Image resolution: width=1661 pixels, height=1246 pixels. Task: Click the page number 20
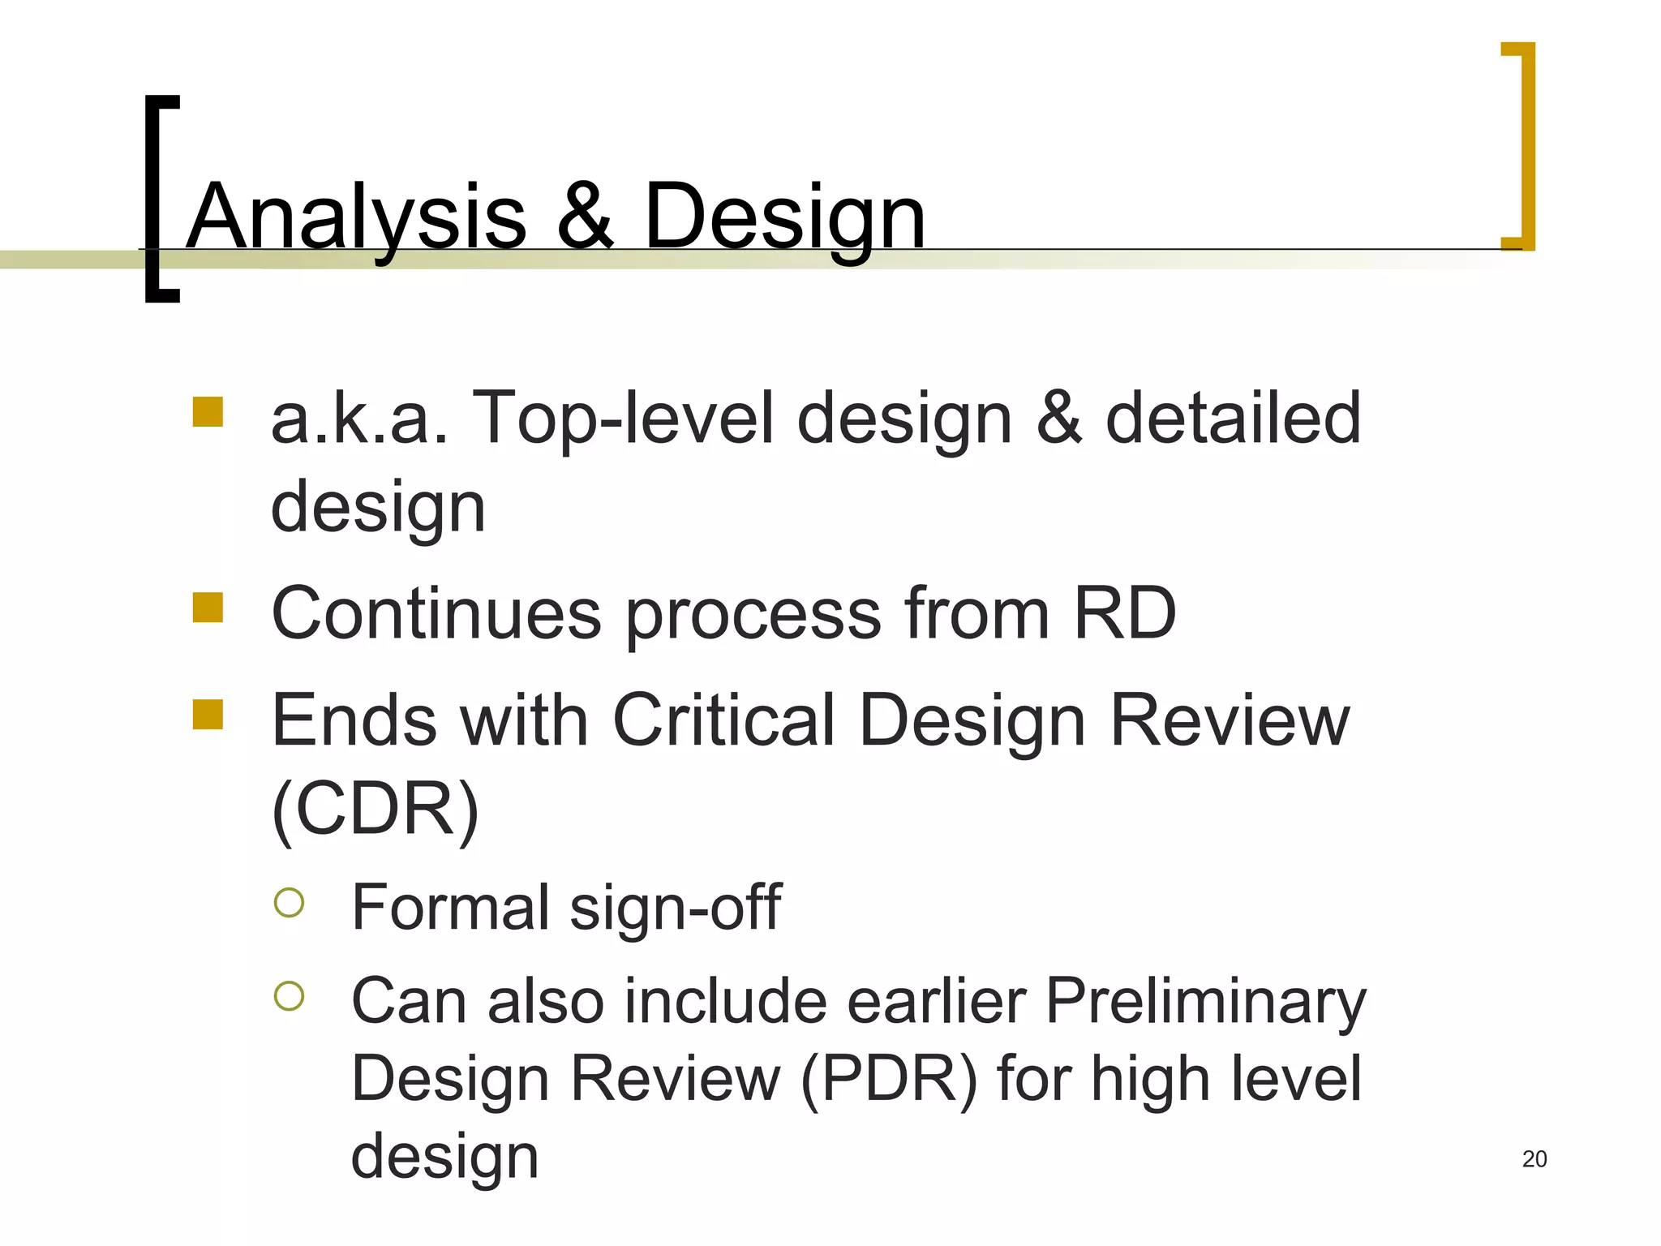pos(1534,1159)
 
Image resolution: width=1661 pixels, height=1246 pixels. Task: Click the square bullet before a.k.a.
pos(208,411)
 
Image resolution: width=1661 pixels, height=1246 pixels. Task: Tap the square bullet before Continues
pos(208,608)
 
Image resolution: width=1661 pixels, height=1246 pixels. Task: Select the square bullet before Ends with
pos(208,715)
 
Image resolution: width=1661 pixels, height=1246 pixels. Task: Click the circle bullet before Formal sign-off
pos(289,902)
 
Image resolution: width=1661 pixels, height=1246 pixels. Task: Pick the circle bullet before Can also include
pos(289,996)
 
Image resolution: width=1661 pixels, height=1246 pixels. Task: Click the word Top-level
pos(622,419)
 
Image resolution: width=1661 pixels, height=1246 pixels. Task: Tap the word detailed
pos(1233,419)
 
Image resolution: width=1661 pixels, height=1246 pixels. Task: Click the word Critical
pos(724,720)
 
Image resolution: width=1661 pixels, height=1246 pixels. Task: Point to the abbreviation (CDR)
pos(376,810)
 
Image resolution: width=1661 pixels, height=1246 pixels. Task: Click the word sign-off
pos(676,907)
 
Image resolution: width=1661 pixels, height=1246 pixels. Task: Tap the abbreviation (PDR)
pos(889,1079)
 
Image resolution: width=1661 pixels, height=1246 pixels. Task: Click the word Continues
pos(436,613)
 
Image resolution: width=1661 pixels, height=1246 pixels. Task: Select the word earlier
pos(937,1001)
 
